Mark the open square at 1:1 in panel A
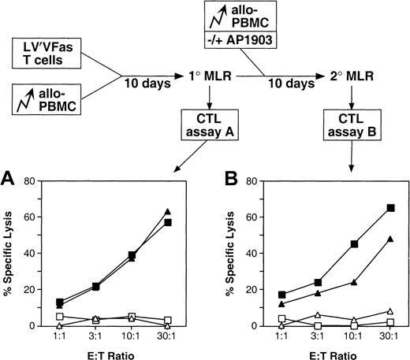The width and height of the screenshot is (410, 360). [59, 317]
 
